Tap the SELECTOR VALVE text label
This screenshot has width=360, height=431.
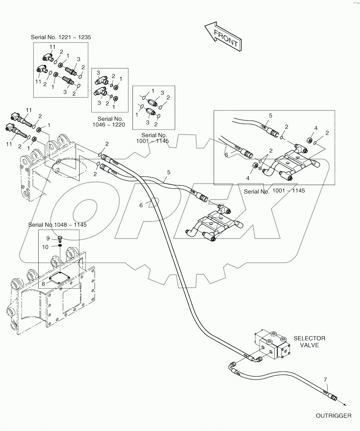(309, 342)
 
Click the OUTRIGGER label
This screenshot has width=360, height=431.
(333, 416)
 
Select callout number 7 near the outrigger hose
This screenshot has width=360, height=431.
(325, 380)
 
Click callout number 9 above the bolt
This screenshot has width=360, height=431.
(48, 238)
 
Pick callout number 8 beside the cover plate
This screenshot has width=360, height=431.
(43, 284)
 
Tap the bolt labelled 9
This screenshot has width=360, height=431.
(60, 238)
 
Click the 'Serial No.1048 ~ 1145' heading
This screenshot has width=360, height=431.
(57, 225)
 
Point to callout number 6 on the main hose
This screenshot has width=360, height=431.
(141, 205)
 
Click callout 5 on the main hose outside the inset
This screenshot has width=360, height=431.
(169, 172)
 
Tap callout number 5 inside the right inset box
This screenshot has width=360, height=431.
(271, 115)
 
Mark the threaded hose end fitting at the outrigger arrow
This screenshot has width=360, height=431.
(334, 397)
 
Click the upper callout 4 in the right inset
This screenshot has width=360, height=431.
(316, 128)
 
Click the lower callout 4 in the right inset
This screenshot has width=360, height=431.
(248, 178)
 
